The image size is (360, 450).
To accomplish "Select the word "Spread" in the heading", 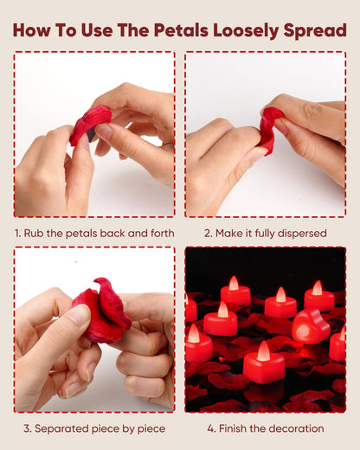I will point(314,31).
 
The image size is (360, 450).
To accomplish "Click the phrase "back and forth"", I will point(138,233).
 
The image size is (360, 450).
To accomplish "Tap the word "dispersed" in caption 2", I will point(299,233).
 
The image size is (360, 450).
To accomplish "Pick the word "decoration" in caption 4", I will point(294,428).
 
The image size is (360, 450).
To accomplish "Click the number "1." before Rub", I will point(18,233).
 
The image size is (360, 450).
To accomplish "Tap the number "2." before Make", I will point(209,233).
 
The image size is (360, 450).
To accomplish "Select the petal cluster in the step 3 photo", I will point(100,311).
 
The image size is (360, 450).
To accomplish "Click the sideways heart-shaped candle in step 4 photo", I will point(309,326).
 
